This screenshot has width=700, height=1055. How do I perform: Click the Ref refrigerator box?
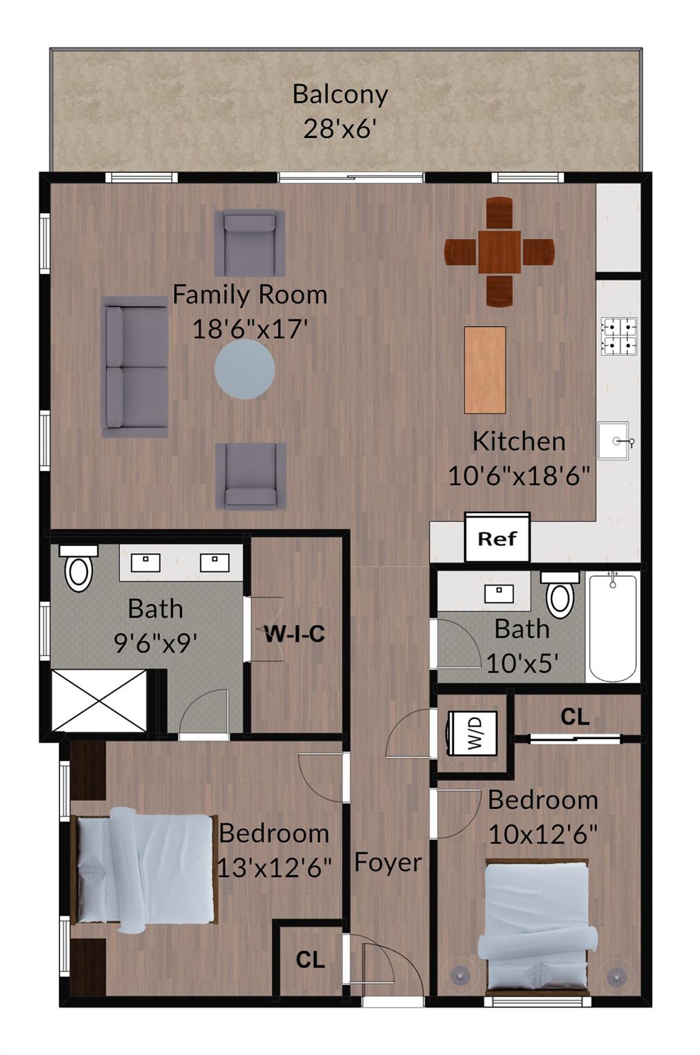(497, 538)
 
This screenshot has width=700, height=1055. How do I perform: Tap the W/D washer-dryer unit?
(473, 733)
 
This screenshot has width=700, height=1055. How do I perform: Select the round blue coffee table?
(245, 370)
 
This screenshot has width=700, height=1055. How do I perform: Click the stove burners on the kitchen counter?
(619, 336)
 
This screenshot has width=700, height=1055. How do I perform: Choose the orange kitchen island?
(485, 370)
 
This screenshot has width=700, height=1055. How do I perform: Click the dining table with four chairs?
(499, 251)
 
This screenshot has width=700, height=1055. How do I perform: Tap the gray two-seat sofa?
(135, 367)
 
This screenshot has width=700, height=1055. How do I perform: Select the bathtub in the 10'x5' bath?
(613, 628)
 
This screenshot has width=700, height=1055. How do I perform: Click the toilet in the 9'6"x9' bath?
(78, 569)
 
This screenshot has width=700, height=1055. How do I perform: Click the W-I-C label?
(295, 633)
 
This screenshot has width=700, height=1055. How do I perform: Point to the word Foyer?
(387, 863)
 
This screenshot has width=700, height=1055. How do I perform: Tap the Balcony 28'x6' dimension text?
(340, 128)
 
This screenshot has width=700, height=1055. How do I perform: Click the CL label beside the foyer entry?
(310, 960)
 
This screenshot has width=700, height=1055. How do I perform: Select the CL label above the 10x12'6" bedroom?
(575, 717)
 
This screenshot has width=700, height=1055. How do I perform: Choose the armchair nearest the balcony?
(249, 242)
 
